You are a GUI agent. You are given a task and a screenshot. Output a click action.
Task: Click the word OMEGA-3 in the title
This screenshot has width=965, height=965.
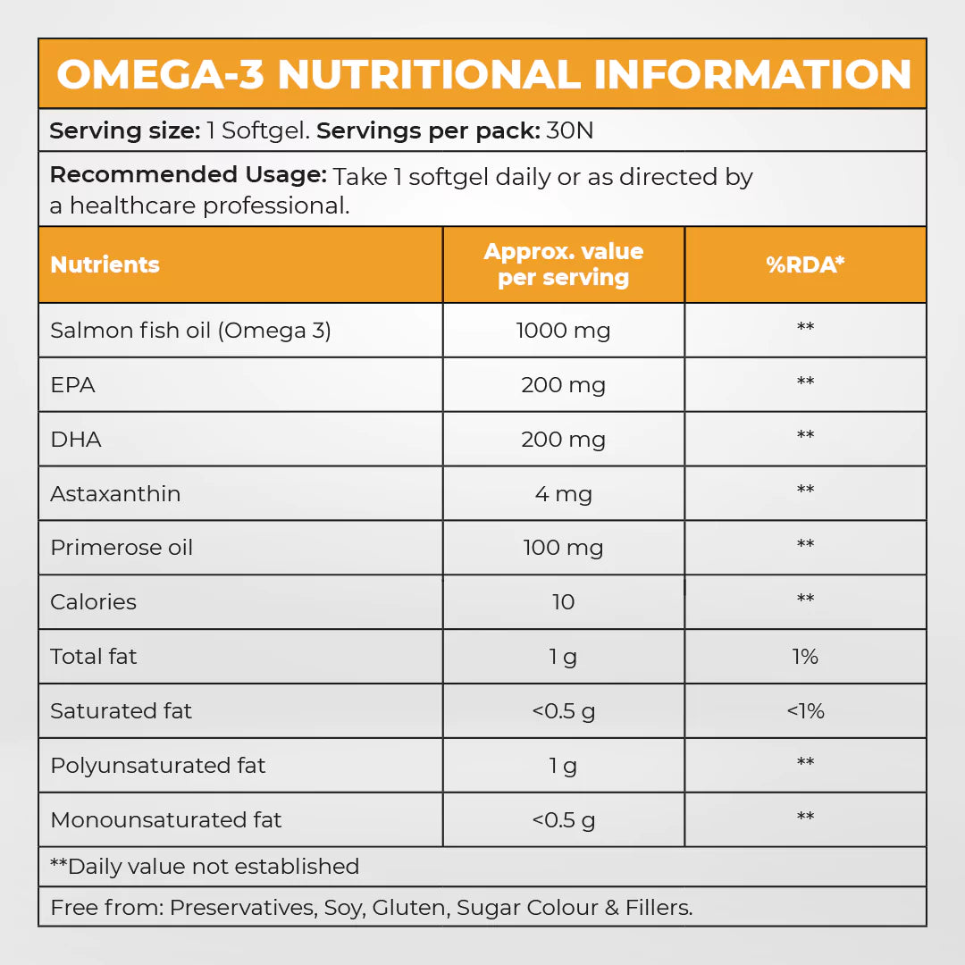(x=161, y=75)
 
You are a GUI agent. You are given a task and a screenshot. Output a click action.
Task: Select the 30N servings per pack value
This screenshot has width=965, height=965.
(x=570, y=131)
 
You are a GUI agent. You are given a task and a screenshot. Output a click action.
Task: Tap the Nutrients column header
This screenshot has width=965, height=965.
(x=105, y=265)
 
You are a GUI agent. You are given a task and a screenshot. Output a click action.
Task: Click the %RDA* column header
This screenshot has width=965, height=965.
(x=805, y=265)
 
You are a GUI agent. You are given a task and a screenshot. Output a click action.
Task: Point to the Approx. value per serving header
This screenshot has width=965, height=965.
(x=563, y=264)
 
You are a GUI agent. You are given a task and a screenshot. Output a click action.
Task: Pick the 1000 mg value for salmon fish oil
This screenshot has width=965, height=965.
(x=563, y=331)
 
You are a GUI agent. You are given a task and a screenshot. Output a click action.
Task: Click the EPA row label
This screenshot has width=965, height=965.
(x=72, y=385)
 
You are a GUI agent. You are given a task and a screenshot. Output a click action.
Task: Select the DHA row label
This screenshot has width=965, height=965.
(x=76, y=440)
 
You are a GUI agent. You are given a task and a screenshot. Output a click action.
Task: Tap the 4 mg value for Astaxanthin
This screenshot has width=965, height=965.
(x=563, y=494)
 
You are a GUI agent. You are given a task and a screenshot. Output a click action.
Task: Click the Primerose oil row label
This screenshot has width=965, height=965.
(x=122, y=548)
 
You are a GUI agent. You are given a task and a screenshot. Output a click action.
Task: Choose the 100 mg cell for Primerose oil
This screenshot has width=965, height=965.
(x=563, y=548)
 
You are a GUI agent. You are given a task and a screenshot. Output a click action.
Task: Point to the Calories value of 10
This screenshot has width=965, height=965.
(x=563, y=602)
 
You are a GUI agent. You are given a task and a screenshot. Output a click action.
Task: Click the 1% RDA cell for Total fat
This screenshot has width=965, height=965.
(x=805, y=657)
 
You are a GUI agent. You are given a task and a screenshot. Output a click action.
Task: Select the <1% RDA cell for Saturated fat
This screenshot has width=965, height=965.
(x=805, y=711)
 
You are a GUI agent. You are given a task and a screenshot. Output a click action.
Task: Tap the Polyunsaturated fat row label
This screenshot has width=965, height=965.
(x=158, y=766)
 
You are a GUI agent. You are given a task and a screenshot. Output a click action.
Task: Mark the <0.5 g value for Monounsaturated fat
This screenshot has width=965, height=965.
(x=563, y=820)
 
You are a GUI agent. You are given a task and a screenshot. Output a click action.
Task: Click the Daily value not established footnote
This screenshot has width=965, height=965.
(x=205, y=867)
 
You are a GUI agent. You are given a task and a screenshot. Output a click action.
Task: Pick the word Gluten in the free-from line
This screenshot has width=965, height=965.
(x=408, y=908)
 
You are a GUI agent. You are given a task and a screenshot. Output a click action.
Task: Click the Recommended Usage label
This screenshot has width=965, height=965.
(x=188, y=175)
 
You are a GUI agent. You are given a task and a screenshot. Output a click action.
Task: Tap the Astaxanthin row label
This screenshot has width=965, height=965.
(x=115, y=494)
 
